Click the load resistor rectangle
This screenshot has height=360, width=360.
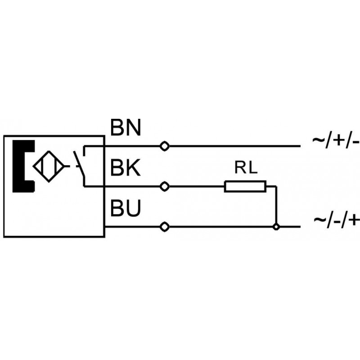pos(245,186)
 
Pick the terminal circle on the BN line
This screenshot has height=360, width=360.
pos(165,146)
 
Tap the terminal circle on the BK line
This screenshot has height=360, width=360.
pos(165,186)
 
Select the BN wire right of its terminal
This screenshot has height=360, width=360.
pos(234,146)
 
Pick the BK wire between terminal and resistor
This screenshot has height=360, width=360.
pos(196,186)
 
